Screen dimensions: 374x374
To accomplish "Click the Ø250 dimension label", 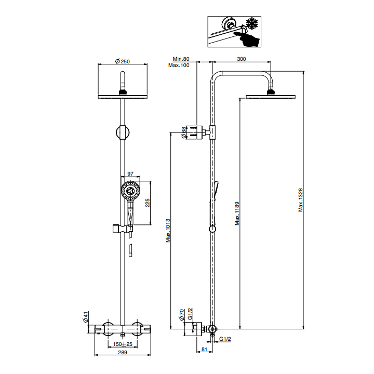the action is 123,61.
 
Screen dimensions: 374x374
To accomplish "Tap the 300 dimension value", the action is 242,59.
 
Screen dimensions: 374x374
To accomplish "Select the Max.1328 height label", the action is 301,200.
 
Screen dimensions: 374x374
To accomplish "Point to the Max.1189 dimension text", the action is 237,213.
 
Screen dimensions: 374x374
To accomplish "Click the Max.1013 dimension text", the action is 168,231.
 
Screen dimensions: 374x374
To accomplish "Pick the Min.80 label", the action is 181,59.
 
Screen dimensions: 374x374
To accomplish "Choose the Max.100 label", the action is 179,65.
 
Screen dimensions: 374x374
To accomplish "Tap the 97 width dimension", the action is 130,173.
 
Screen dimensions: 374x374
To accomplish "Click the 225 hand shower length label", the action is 148,203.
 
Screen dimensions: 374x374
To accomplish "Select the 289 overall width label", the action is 123,352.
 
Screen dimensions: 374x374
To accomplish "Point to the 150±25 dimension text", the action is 123,344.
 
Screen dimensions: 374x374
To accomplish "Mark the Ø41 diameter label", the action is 86,317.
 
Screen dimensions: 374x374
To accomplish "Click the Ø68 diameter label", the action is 183,132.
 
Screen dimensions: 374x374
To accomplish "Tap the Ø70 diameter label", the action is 182,315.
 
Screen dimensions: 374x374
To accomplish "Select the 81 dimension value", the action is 205,349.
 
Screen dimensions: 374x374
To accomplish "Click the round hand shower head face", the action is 130,191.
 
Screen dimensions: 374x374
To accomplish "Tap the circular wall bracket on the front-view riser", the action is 123,132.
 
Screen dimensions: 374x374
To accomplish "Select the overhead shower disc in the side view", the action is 271,97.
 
